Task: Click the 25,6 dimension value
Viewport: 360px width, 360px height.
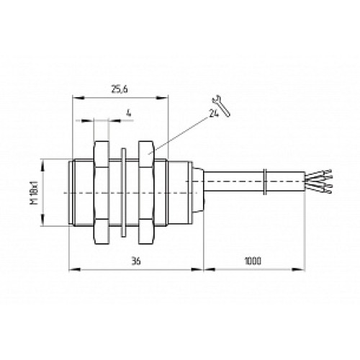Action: tap(120, 89)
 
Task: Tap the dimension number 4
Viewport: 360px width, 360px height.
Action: tap(129, 113)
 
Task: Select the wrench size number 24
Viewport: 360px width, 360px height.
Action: tap(214, 113)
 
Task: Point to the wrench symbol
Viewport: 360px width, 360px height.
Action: tap(221, 105)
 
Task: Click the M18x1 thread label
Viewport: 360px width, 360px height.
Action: tap(35, 192)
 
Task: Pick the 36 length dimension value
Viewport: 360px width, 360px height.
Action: tap(136, 261)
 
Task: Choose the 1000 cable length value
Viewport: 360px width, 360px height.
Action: tap(253, 261)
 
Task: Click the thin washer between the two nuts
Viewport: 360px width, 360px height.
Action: tap(124, 193)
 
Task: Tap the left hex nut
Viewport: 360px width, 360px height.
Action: tap(102, 193)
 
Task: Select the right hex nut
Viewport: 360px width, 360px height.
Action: tap(145, 193)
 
